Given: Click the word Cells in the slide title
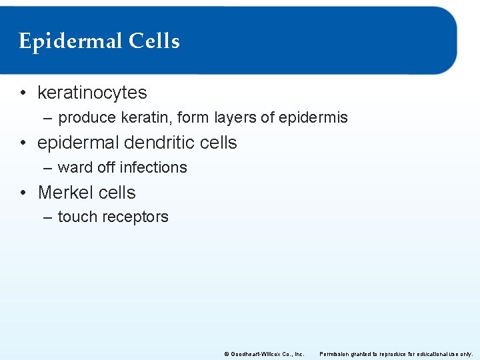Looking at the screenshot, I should point(154,41).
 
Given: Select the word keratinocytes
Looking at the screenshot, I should point(92,93).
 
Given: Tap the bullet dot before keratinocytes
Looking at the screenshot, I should point(23,93).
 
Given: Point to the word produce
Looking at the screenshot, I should point(85,119).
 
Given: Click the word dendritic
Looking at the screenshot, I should point(162,143).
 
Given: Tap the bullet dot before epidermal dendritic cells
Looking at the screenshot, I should point(23,143).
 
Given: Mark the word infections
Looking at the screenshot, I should point(155,167).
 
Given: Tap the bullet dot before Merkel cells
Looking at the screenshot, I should point(23,193).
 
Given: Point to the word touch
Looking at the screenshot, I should point(76,217).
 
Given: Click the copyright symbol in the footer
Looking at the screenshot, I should point(227,354).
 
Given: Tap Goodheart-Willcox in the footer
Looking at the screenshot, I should point(255,354).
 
